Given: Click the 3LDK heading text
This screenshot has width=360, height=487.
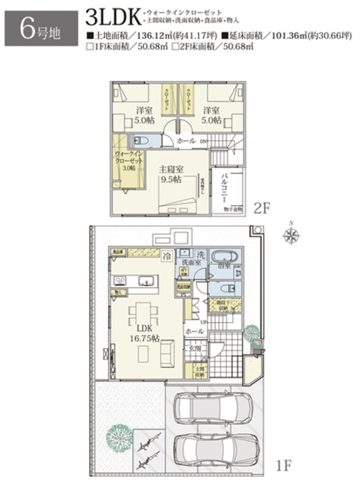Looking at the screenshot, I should click(113, 17).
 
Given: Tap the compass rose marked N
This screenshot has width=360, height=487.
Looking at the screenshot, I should click(292, 236).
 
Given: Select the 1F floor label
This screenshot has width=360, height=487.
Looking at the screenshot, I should click(284, 464).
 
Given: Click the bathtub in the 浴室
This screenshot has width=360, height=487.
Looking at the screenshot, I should click(224, 258).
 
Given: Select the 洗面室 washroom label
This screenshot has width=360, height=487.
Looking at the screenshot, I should click(191, 262).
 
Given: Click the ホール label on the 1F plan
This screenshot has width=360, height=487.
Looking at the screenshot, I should click(194, 331).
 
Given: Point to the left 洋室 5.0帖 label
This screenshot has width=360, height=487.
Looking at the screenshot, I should click(143, 116).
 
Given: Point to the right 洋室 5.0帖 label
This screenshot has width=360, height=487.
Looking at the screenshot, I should click(212, 116).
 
